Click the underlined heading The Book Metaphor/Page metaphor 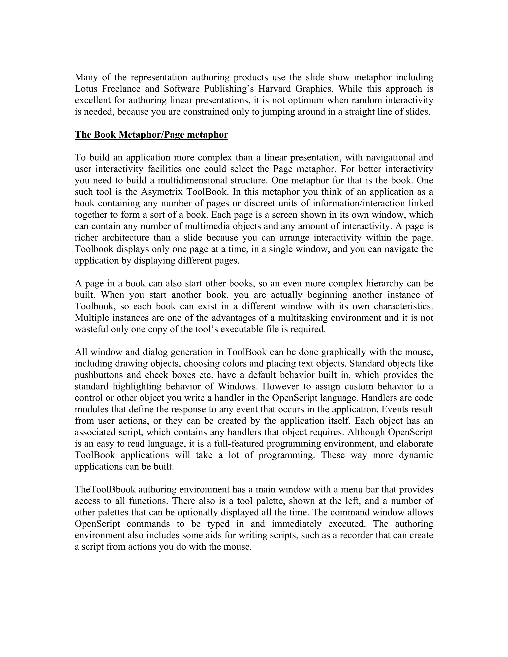click(151, 134)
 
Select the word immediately click(297, 523)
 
